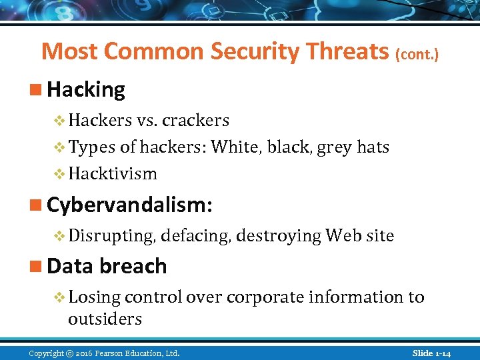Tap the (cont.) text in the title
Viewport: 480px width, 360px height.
point(417,54)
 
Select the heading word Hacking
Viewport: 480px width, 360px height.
point(86,89)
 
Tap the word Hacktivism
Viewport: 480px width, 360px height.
point(113,173)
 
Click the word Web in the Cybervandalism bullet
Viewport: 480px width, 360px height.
point(341,235)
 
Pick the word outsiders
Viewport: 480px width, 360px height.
point(105,319)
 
